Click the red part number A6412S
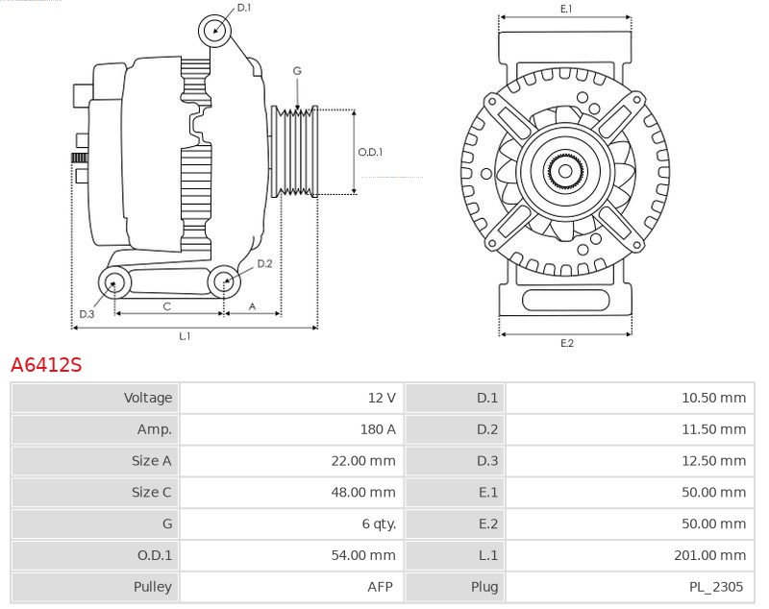pyautogui.click(x=46, y=365)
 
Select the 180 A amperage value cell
pyautogui.click(x=377, y=429)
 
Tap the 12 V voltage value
pyautogui.click(x=382, y=398)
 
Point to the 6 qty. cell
pyautogui.click(x=376, y=524)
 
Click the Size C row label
pyautogui.click(x=151, y=492)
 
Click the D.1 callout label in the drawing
pyautogui.click(x=243, y=8)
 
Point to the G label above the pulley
pyautogui.click(x=297, y=71)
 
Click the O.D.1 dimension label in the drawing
pyautogui.click(x=370, y=152)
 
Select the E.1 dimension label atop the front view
pyautogui.click(x=566, y=9)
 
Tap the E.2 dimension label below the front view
pyautogui.click(x=566, y=343)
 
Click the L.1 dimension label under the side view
pyautogui.click(x=185, y=336)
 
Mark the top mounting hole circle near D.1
pyautogui.click(x=215, y=30)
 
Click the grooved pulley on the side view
pyautogui.click(x=296, y=151)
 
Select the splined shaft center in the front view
pyautogui.click(x=565, y=173)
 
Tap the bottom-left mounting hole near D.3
pyautogui.click(x=115, y=282)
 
